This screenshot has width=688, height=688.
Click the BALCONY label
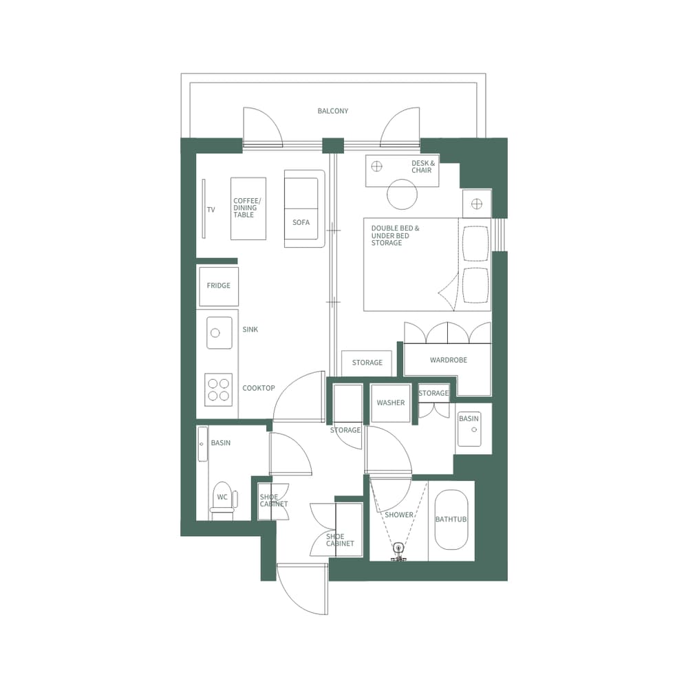point(333,111)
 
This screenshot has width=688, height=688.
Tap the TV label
point(211,210)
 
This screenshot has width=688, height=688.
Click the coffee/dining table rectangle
point(248,208)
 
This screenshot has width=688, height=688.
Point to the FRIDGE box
point(219,286)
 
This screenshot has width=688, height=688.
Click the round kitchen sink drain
point(215,333)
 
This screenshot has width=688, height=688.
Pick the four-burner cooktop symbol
point(219,389)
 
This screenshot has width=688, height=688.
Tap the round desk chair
point(402,195)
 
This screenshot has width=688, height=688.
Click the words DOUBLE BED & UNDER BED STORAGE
point(395,235)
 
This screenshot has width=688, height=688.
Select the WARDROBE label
point(449,360)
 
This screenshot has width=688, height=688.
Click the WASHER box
point(391,402)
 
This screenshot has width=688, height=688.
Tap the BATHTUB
point(451,519)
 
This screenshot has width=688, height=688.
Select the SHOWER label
point(399,515)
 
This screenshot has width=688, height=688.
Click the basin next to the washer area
point(469,429)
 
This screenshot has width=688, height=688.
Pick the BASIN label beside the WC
point(221,443)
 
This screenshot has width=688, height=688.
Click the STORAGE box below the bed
point(367,363)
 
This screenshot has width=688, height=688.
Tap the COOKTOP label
point(259,388)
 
